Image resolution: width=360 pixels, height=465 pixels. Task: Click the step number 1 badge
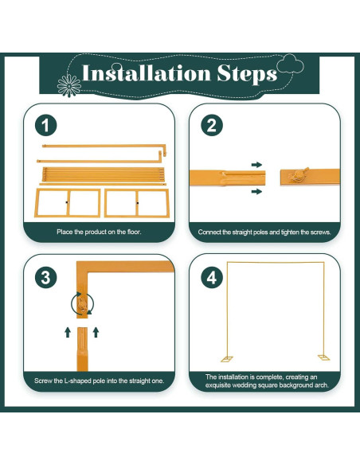click(x=45, y=126)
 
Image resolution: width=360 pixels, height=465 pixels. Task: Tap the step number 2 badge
click(x=211, y=126)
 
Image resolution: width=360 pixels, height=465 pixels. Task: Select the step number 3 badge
click(x=45, y=278)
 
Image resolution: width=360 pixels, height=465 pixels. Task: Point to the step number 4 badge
click(x=211, y=278)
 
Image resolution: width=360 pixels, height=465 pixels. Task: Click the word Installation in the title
click(x=147, y=73)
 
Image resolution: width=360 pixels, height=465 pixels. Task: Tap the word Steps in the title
click(x=247, y=74)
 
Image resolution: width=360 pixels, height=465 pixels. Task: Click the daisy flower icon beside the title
click(x=69, y=86)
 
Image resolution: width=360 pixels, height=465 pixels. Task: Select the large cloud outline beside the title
click(x=291, y=64)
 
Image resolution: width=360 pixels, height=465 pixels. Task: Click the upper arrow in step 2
click(x=256, y=165)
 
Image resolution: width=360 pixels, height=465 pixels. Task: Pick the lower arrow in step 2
click(x=256, y=192)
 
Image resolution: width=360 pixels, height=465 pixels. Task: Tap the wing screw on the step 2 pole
click(x=299, y=175)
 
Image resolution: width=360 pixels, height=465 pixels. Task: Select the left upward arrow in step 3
click(x=68, y=332)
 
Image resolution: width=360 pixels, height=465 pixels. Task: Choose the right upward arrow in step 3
click(x=96, y=332)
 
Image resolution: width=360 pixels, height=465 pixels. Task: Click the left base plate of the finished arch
click(x=227, y=359)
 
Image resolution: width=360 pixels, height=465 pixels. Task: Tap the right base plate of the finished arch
click(x=323, y=358)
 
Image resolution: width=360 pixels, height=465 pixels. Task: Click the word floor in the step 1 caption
click(x=134, y=232)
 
